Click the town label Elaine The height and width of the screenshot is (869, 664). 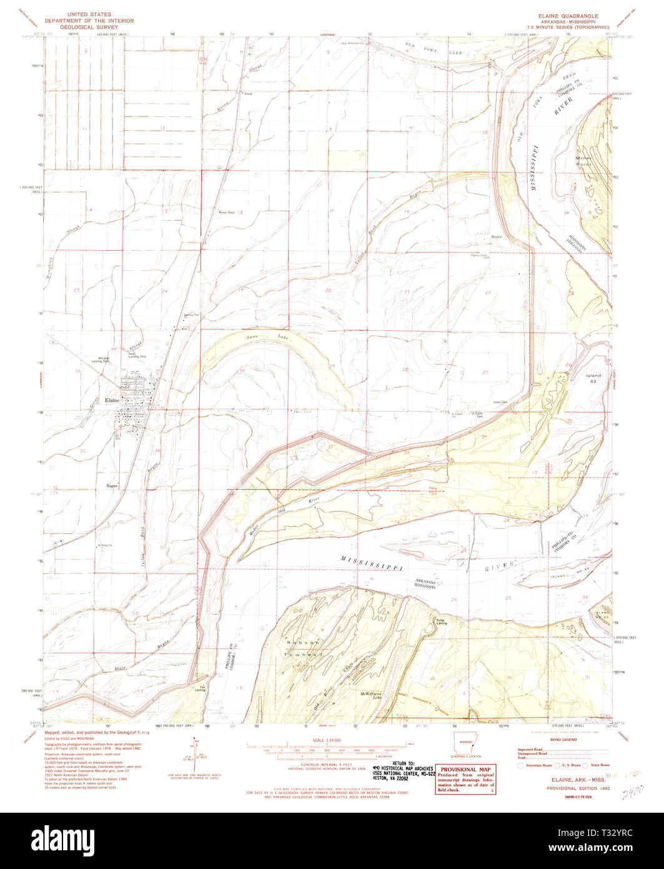[112, 399]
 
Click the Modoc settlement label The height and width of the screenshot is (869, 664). [497, 237]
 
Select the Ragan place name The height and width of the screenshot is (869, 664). [112, 484]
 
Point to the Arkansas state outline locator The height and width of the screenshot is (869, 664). [466, 747]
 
